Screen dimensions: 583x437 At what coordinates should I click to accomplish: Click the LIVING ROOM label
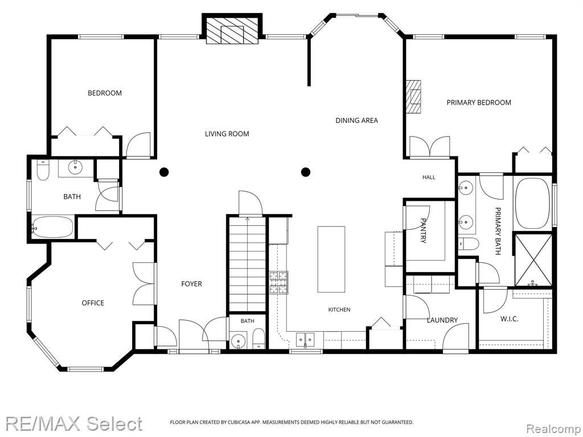point(227,134)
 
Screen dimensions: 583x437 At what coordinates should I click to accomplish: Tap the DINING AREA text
point(356,121)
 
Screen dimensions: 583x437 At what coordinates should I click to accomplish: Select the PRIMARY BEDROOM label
point(478,102)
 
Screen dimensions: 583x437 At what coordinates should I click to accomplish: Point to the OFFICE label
point(93,303)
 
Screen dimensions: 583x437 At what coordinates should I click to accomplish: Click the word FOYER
point(191,284)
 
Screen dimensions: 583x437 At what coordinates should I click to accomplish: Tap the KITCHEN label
point(339,310)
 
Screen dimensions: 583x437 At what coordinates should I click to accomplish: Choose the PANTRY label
point(423,230)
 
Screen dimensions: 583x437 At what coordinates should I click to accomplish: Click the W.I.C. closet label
point(510,319)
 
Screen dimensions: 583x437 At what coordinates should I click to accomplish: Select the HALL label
point(429,178)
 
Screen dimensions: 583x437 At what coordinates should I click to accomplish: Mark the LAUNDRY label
point(442,320)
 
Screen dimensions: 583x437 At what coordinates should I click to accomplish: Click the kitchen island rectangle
point(331,259)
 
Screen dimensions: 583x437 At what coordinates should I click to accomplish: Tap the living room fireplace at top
point(232,31)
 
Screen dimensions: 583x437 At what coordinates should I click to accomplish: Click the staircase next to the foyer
point(247,264)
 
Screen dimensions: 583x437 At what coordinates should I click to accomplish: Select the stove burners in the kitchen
point(278,283)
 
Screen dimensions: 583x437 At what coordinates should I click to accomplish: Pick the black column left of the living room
point(164,172)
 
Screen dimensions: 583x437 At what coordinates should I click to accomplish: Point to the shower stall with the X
point(533,259)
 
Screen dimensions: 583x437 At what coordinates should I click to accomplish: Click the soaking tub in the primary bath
point(533,204)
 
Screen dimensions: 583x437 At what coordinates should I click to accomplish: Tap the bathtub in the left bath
point(52,226)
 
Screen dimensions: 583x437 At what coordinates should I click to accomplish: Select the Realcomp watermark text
point(552,428)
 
